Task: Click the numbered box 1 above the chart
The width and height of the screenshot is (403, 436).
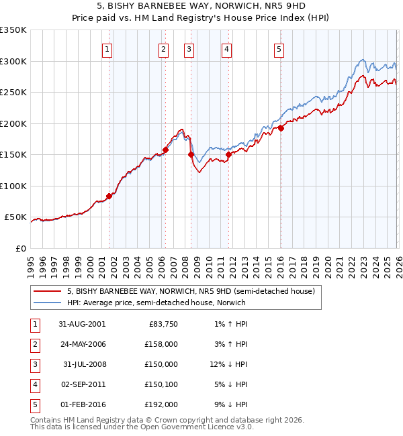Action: click(x=108, y=48)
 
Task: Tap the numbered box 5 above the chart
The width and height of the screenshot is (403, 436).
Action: click(x=279, y=48)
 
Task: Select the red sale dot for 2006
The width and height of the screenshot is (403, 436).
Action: click(x=165, y=150)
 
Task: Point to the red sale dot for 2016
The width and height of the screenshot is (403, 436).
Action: click(x=281, y=129)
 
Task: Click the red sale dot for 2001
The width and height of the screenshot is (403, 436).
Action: click(x=109, y=196)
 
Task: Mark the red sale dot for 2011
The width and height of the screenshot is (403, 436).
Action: click(x=228, y=155)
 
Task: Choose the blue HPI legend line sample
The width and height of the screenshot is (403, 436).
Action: click(x=48, y=303)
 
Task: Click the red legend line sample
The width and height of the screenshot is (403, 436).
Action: click(x=48, y=291)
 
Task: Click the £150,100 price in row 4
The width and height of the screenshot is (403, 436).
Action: click(x=161, y=384)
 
